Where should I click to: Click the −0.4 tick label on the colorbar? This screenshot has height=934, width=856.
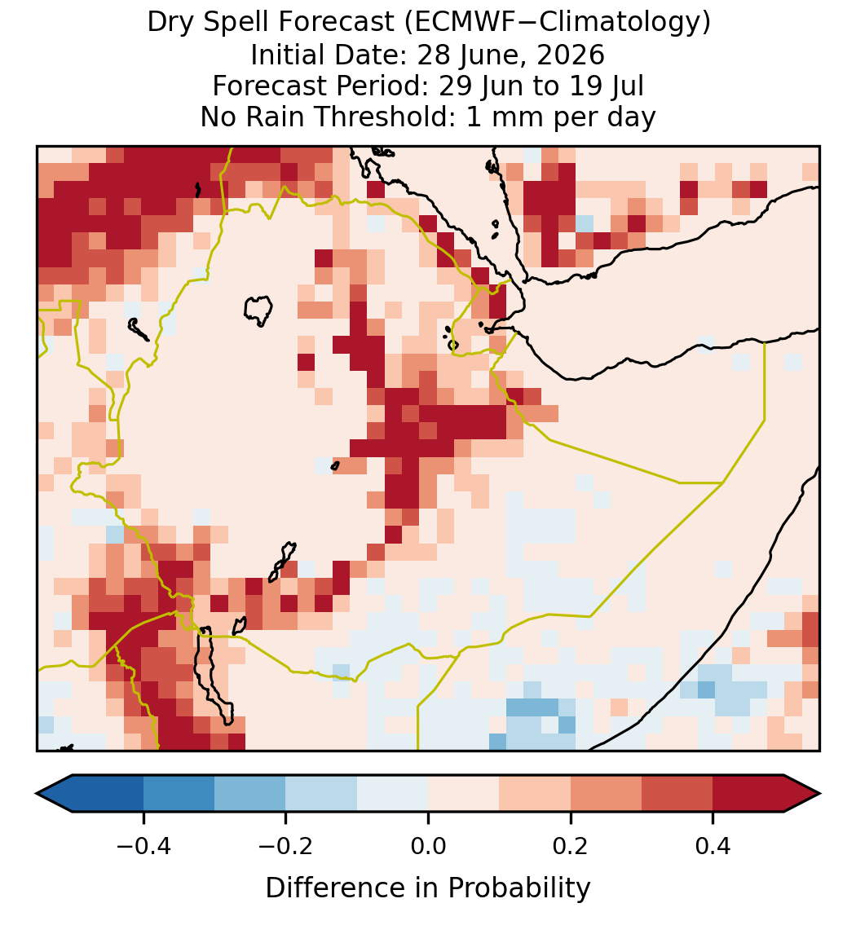(143, 845)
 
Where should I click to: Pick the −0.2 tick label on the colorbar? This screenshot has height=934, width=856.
(286, 845)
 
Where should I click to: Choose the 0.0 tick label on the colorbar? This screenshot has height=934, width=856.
(428, 845)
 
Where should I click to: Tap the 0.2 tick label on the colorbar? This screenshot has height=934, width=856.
(571, 845)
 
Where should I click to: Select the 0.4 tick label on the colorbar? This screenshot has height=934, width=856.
(713, 845)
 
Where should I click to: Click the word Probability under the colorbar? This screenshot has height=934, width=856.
(519, 888)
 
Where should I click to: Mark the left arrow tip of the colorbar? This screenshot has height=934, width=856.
(37, 794)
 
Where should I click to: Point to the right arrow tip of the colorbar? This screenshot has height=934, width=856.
(820, 794)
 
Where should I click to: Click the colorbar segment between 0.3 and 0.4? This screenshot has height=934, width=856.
(677, 794)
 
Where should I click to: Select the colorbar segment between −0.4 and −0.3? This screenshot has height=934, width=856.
(179, 794)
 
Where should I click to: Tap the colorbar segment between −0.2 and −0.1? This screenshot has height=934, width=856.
(322, 794)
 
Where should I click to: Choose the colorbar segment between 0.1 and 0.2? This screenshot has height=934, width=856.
(535, 794)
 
